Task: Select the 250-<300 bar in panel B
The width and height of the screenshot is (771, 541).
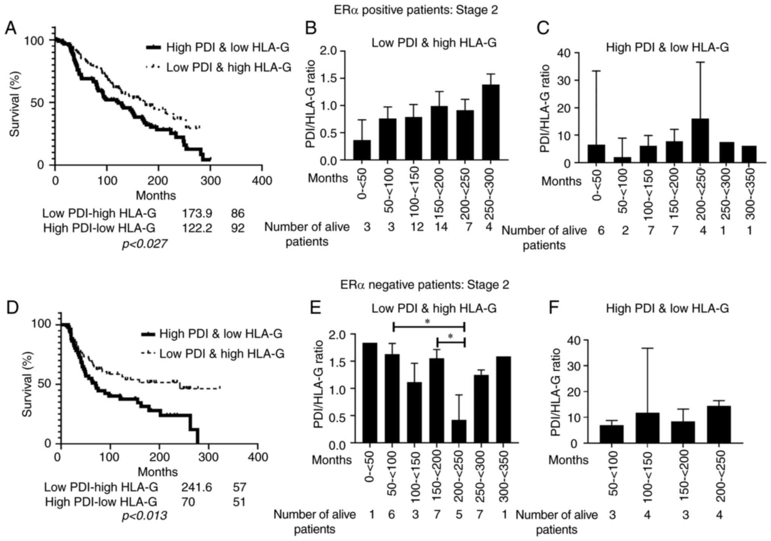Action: pos(491,122)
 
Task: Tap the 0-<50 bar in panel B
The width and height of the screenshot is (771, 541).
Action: pos(362,150)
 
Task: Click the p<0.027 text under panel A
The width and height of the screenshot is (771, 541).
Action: pos(144,244)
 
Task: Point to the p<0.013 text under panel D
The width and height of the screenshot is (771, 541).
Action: pos(144,516)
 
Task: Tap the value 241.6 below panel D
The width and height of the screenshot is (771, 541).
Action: pos(197,487)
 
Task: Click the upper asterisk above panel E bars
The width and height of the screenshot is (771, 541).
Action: pos(428,322)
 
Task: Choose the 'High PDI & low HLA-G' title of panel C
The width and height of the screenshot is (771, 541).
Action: pos(667,47)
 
